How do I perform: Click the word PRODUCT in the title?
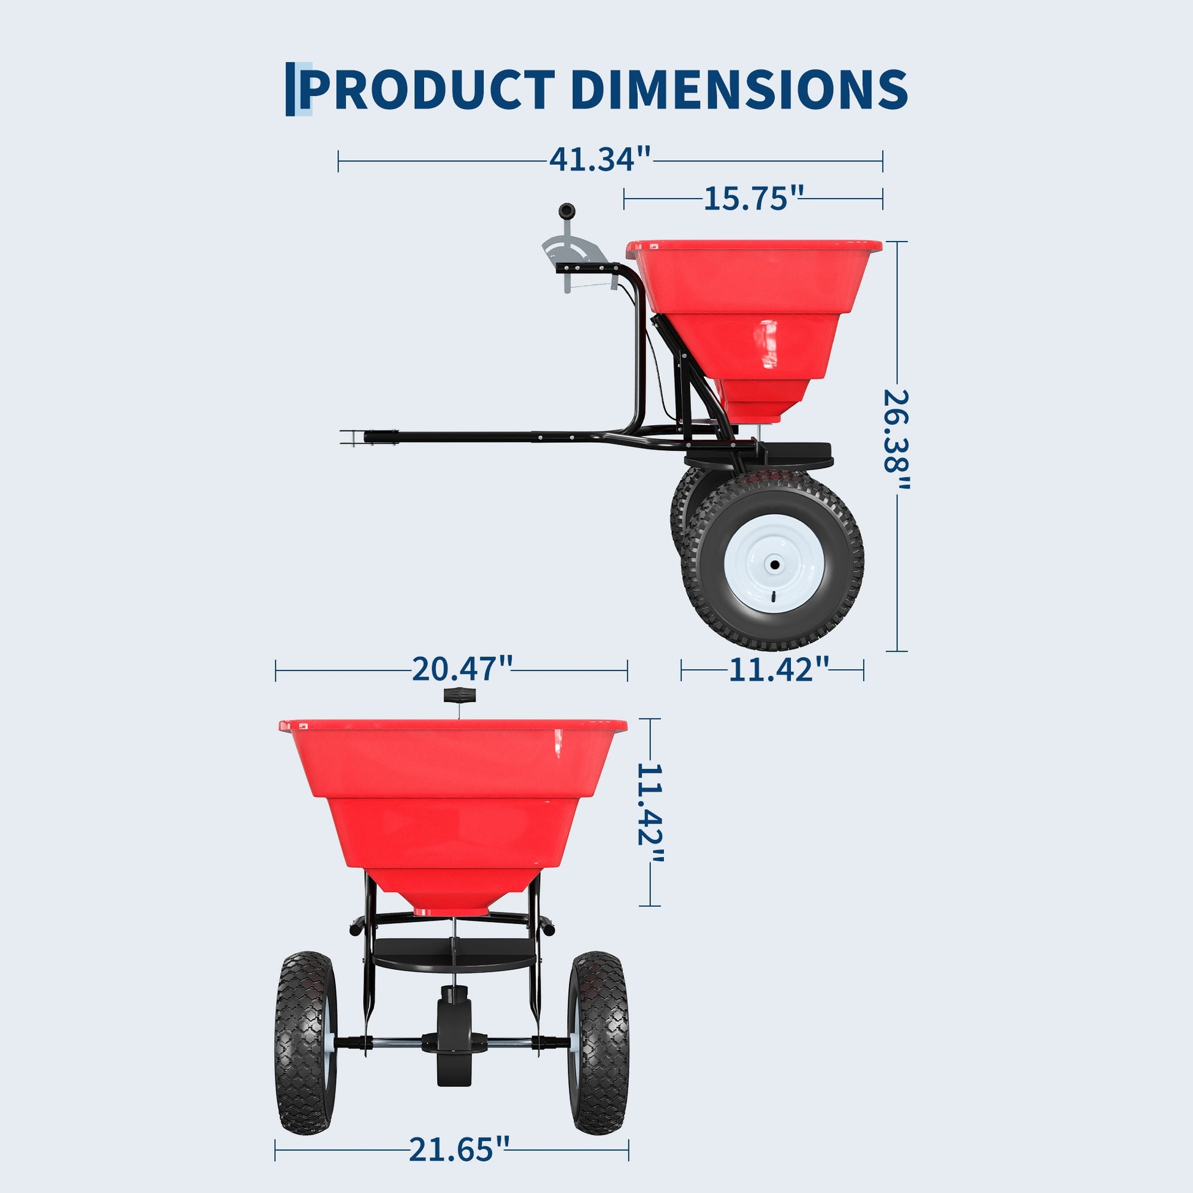tap(427, 89)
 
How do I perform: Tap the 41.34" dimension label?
tap(600, 159)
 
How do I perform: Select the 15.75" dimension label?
tap(753, 197)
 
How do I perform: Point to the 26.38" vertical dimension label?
tap(897, 440)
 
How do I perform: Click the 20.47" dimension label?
tap(462, 669)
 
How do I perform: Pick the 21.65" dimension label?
tap(459, 1149)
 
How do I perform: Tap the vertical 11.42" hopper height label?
tap(650, 815)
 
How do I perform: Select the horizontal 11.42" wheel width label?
tap(779, 669)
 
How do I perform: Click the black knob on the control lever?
tap(566, 210)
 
